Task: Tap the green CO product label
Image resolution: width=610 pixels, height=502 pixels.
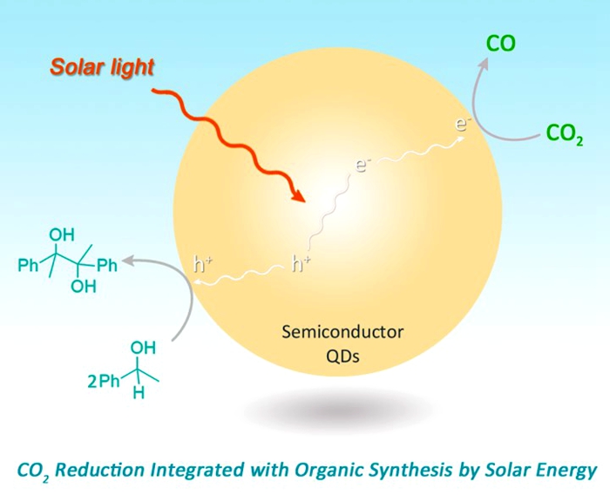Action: tap(500, 43)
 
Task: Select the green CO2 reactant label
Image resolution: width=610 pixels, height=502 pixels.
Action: tap(564, 133)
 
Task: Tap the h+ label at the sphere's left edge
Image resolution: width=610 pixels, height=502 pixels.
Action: tap(202, 264)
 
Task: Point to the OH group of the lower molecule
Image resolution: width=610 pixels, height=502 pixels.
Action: tap(142, 349)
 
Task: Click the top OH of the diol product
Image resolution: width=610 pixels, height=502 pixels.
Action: tap(62, 235)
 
